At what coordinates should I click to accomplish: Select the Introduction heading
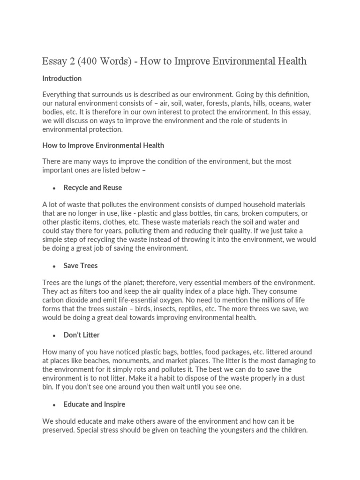[62, 78]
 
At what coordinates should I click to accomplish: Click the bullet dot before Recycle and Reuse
[54, 188]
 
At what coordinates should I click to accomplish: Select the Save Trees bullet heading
[81, 265]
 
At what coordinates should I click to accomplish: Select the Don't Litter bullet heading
[82, 335]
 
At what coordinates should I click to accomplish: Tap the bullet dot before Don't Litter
[54, 336]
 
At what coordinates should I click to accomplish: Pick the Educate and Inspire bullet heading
[94, 404]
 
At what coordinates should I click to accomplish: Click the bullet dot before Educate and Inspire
[54, 405]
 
